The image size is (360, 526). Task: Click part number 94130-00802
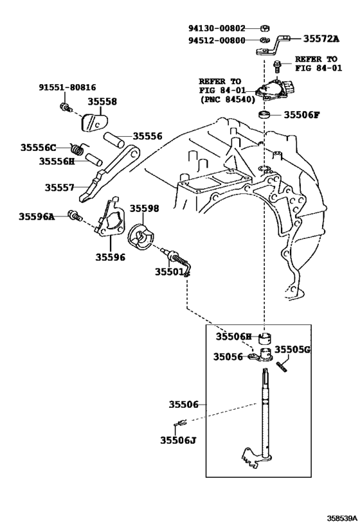pyautogui.click(x=217, y=28)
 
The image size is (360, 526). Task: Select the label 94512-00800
pyautogui.click(x=217, y=40)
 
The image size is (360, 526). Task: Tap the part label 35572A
pyautogui.click(x=321, y=39)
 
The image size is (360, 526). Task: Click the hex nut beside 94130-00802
pyautogui.click(x=265, y=28)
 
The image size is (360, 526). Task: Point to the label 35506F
pyautogui.click(x=302, y=115)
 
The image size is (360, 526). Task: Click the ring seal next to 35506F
pyautogui.click(x=265, y=115)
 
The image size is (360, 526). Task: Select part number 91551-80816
pyautogui.click(x=67, y=87)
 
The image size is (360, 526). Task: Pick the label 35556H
pyautogui.click(x=57, y=161)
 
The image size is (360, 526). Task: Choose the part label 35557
pyautogui.click(x=59, y=187)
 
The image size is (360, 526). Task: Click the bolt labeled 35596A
pyautogui.click(x=75, y=216)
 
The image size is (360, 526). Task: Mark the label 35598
pyautogui.click(x=145, y=208)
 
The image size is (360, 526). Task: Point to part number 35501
pyautogui.click(x=169, y=272)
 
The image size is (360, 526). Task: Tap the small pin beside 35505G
pyautogui.click(x=282, y=367)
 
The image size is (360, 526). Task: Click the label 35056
pyautogui.click(x=228, y=356)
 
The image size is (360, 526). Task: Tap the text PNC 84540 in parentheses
pyautogui.click(x=228, y=100)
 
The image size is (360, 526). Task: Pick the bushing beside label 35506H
pyautogui.click(x=265, y=339)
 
